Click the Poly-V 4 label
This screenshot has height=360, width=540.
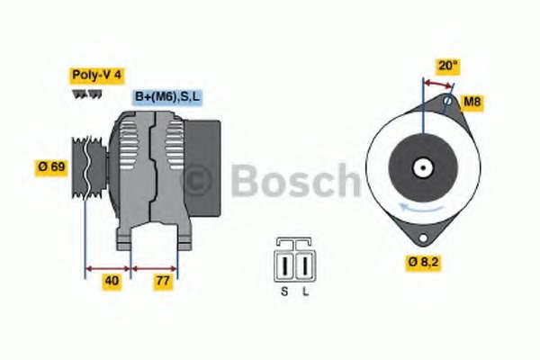(96, 75)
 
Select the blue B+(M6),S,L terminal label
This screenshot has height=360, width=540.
(167, 97)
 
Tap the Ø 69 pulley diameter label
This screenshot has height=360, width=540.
(51, 167)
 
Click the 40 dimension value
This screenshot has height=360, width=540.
(112, 281)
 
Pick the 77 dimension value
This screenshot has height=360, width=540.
(163, 281)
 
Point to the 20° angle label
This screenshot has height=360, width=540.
(447, 66)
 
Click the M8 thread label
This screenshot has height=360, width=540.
(472, 102)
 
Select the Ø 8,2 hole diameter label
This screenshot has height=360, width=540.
(424, 263)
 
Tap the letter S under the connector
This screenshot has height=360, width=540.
(284, 292)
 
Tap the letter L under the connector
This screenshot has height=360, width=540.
(306, 292)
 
